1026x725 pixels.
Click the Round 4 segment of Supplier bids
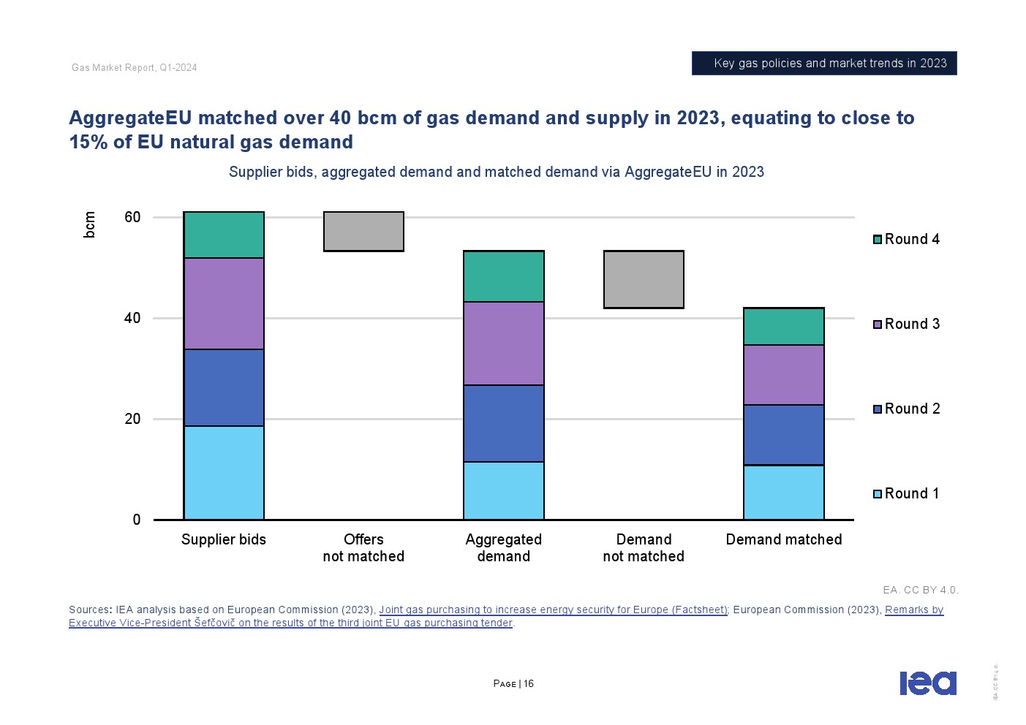[224, 235]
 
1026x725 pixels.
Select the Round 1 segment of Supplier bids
[224, 473]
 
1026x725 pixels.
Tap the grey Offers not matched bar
[363, 232]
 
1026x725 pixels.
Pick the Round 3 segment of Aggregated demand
[504, 343]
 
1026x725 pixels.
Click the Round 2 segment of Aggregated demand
[504, 423]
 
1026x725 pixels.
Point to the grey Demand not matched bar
[644, 279]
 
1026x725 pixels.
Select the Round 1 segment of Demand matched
[784, 493]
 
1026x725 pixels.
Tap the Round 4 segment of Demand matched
[784, 327]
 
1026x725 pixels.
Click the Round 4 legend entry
[906, 239]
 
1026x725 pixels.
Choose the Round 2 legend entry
[906, 409]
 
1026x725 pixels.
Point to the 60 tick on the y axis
[132, 217]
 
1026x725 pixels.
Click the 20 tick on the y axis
[132, 419]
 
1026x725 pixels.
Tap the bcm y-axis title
[90, 224]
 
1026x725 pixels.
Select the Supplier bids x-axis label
[224, 539]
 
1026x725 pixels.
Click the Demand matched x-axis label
[784, 539]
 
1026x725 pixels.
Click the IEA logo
[927, 683]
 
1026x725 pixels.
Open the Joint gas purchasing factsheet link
[553, 610]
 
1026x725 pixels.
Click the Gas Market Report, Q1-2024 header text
[135, 68]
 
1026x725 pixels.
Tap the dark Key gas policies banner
[824, 64]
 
